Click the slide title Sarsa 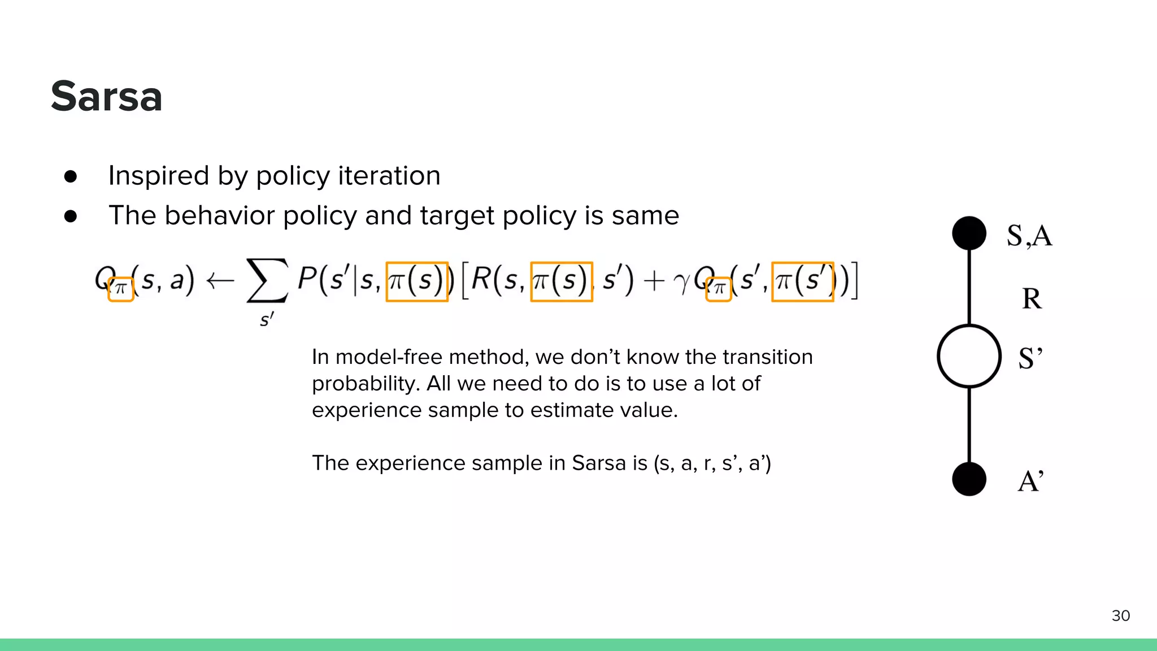click(x=106, y=96)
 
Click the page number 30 click(x=1120, y=615)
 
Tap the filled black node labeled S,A click(x=969, y=233)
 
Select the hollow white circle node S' click(x=969, y=356)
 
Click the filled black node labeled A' click(x=969, y=479)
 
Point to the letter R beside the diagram click(x=1032, y=298)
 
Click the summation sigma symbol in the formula click(x=267, y=281)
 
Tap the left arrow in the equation click(x=220, y=280)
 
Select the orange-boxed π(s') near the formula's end click(x=802, y=281)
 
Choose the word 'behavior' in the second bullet click(x=220, y=215)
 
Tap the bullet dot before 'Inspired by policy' click(x=71, y=176)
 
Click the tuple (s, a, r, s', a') click(x=712, y=463)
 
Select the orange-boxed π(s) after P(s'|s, click(x=417, y=281)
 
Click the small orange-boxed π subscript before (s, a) click(x=120, y=289)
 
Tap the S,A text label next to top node click(x=1029, y=236)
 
